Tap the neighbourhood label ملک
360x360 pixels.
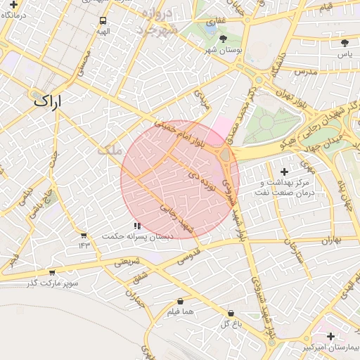(x=108, y=150)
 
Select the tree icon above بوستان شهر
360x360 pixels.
(x=224, y=39)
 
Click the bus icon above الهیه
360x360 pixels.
(x=103, y=21)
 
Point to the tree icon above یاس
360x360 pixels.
(x=344, y=43)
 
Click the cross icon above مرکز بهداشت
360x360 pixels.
(x=284, y=172)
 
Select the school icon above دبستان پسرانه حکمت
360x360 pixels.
(x=136, y=226)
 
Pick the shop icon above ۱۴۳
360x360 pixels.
(x=84, y=235)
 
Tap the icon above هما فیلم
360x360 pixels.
(x=181, y=301)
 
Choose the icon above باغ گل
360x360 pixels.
(x=231, y=313)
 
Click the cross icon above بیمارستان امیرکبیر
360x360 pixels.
(x=330, y=337)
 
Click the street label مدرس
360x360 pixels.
(x=307, y=72)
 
